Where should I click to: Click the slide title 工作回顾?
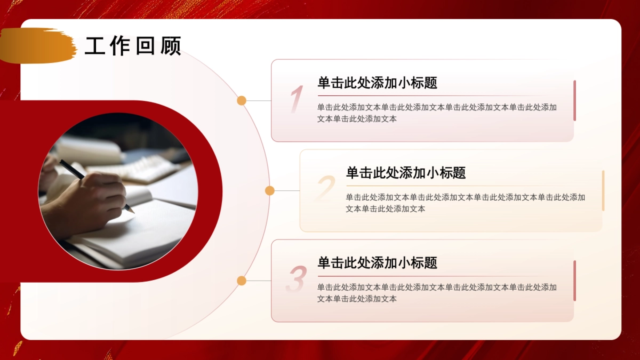pos(133,46)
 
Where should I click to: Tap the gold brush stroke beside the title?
pos(37,45)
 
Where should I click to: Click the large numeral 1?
pos(296,100)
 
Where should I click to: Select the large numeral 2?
pos(325,189)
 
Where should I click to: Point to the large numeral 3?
pos(296,279)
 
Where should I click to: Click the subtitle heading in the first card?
pos(377,83)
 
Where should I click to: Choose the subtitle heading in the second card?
pos(405,173)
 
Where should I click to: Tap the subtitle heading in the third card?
pos(377,262)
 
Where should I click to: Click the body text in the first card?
pos(437,113)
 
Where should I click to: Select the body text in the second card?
pos(465,203)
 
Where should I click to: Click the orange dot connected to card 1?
pos(242,100)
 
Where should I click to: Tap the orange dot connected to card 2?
pos(270,190)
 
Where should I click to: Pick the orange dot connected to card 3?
pos(242,281)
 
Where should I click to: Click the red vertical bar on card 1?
pos(574,100)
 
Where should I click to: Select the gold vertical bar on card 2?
pos(603,190)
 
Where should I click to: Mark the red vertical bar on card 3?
pos(574,281)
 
